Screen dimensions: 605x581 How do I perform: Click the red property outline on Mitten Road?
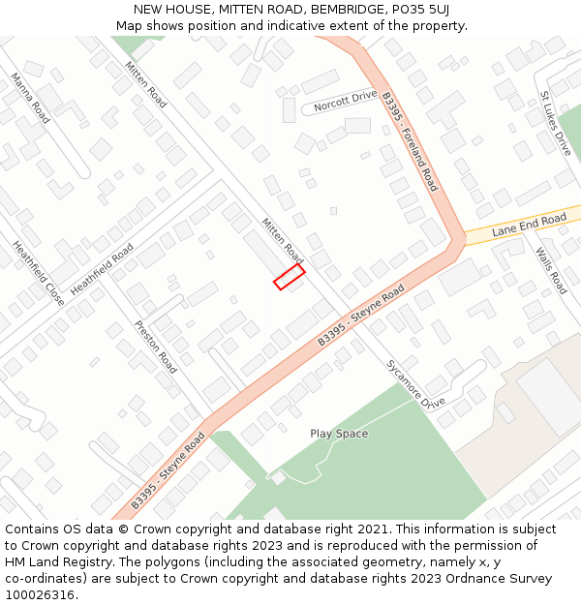pyautogui.click(x=290, y=278)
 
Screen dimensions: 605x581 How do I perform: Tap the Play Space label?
pyautogui.click(x=339, y=434)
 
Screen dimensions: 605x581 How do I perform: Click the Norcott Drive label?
pyautogui.click(x=345, y=101)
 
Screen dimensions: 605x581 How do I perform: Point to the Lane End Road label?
pyautogui.click(x=529, y=226)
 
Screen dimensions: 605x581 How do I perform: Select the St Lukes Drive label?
pyautogui.click(x=556, y=124)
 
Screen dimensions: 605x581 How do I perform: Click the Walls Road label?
pyautogui.click(x=551, y=270)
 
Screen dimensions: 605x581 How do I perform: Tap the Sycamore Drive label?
pyautogui.click(x=415, y=382)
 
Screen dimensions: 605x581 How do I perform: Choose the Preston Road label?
pyautogui.click(x=156, y=347)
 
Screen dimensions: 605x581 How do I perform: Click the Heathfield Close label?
pyautogui.click(x=39, y=273)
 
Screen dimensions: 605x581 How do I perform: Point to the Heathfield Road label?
pyautogui.click(x=102, y=269)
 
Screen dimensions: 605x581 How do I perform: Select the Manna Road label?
pyautogui.click(x=30, y=97)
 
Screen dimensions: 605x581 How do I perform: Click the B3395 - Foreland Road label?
pyautogui.click(x=410, y=141)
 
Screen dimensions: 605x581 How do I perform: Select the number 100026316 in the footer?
pyautogui.click(x=42, y=595)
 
